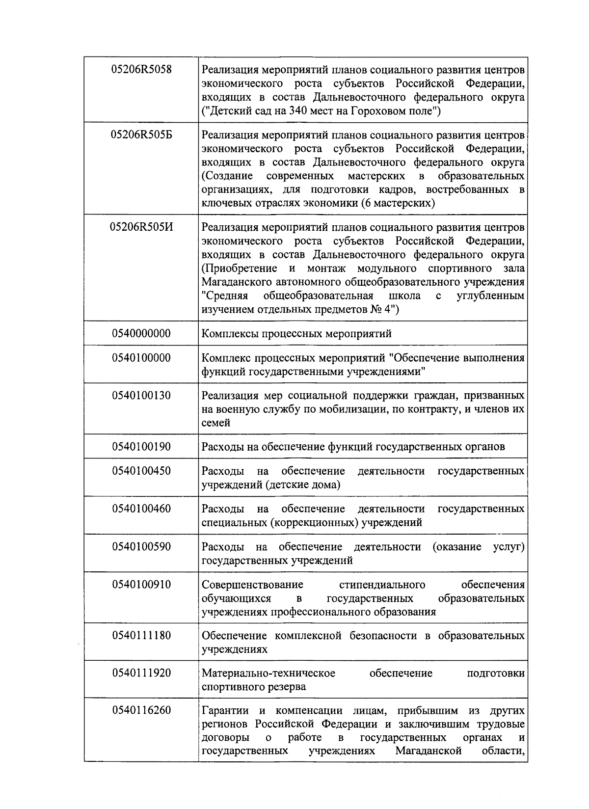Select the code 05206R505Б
coord(141,135)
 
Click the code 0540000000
coord(141,334)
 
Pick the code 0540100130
coord(141,396)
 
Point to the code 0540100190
coord(141,447)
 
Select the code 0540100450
coord(141,471)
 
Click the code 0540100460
coord(141,509)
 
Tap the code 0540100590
coord(141,547)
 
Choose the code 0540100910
coord(141,585)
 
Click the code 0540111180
coord(141,636)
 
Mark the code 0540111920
coord(141,673)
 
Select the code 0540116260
coord(141,710)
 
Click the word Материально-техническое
coord(268,673)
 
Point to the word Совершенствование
coord(252,585)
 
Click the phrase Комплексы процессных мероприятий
coord(296,334)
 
